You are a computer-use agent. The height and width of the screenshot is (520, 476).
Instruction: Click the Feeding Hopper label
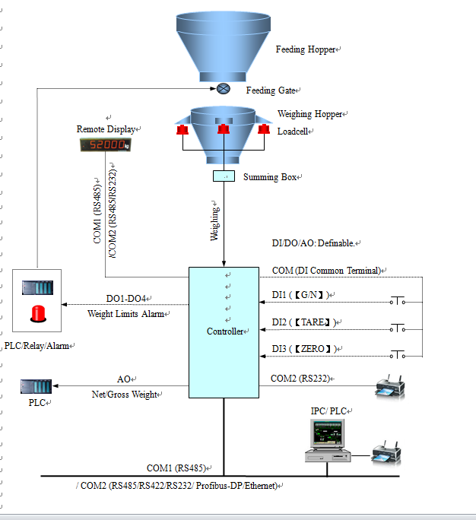[x=306, y=49]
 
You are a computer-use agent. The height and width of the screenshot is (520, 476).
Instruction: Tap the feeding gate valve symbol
[x=224, y=89]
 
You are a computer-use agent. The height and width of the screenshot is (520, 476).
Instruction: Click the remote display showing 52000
[x=105, y=144]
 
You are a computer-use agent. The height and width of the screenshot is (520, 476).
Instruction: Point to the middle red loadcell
[x=224, y=130]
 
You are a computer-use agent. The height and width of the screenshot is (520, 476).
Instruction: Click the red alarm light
[x=37, y=312]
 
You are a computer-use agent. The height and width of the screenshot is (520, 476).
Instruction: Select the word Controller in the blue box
[x=224, y=331]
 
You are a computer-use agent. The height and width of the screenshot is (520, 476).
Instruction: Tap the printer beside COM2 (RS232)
[x=390, y=386]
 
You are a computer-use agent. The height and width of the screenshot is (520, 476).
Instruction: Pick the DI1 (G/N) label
[x=303, y=294]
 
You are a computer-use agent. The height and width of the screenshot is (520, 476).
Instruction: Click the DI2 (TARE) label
[x=304, y=322]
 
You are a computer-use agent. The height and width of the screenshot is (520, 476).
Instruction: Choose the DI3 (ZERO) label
[x=304, y=349]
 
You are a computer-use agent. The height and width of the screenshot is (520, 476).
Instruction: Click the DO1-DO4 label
[x=125, y=298]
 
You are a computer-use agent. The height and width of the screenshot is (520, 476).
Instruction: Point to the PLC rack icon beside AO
[x=36, y=386]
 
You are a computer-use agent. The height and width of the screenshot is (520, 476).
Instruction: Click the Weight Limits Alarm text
[x=126, y=313]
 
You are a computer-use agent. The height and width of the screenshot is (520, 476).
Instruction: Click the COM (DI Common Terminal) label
[x=327, y=271]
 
